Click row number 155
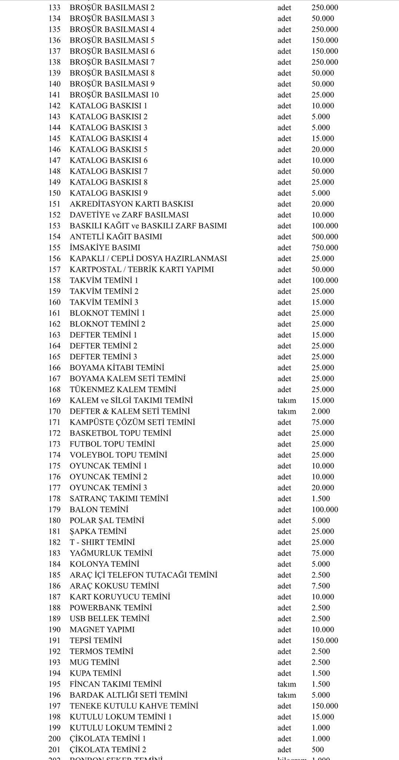coord(54,248)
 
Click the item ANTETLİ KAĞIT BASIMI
coord(116,237)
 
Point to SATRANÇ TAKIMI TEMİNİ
coord(119,499)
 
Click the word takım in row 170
coord(287,411)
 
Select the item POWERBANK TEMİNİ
coord(111,608)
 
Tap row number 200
coord(54,739)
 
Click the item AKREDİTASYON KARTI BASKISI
coord(132,204)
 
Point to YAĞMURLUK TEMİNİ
coord(111,553)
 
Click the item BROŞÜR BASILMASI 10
coord(114,95)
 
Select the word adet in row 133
coord(284,7)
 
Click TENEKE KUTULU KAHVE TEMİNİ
coord(134,706)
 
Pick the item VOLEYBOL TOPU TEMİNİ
coord(118,455)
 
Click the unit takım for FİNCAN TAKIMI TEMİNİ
coord(287,684)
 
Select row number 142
coord(54,106)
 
